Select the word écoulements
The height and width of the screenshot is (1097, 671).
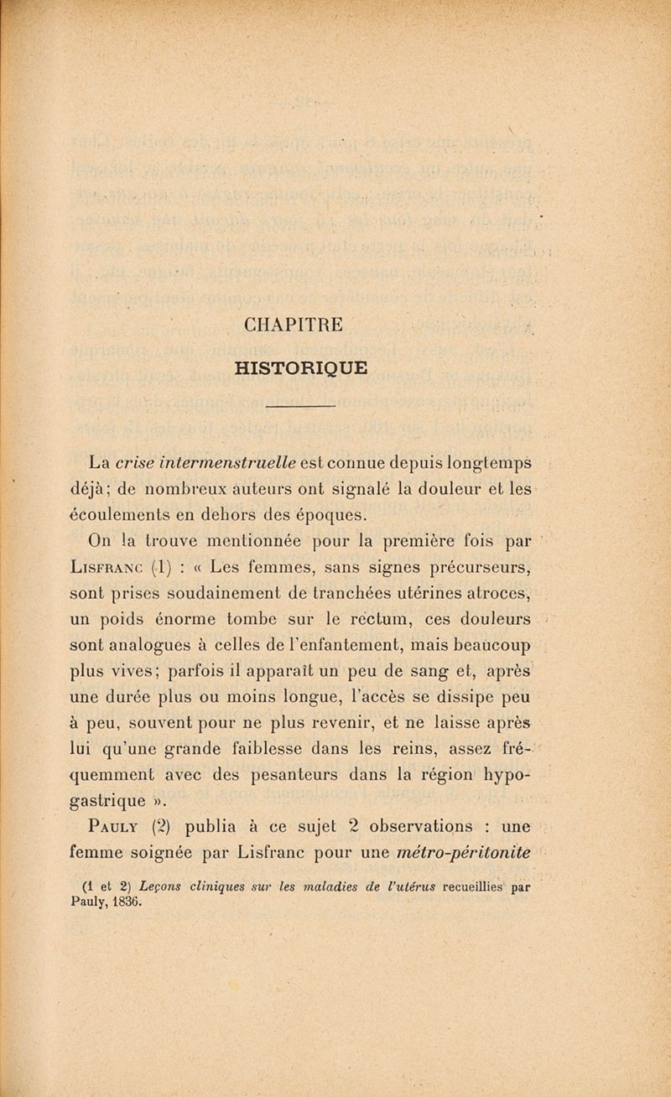tap(119, 513)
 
